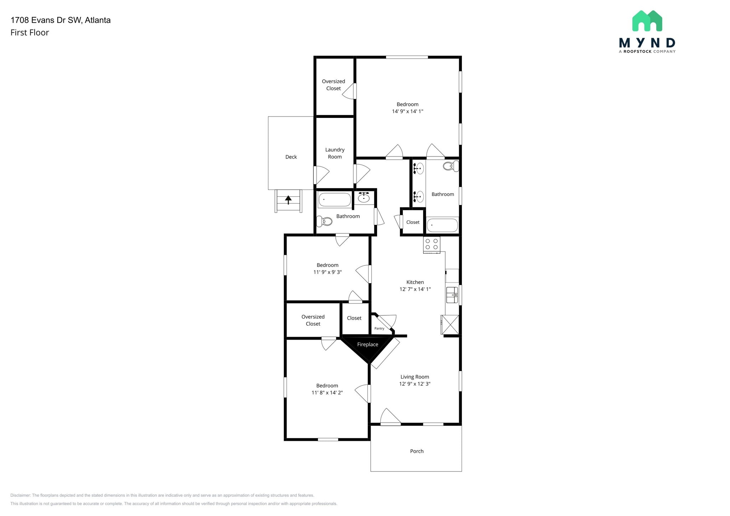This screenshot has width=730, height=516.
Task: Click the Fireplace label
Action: (367, 345)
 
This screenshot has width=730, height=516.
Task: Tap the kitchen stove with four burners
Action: (432, 244)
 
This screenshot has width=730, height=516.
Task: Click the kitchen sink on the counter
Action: (452, 295)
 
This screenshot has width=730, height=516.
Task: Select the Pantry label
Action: (379, 329)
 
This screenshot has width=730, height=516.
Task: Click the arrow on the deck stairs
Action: (288, 200)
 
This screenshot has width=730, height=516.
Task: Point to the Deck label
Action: (291, 157)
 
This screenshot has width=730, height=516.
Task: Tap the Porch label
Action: (417, 451)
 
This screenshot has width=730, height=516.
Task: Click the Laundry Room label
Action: (335, 153)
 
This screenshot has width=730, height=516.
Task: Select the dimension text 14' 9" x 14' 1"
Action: (407, 112)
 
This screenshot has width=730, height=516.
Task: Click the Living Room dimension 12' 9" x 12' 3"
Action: (415, 384)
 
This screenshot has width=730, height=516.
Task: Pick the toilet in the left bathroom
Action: (325, 222)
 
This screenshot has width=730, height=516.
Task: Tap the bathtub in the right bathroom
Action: (442, 225)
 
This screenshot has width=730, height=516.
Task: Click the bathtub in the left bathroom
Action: (334, 200)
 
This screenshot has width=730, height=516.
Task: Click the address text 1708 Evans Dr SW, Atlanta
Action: (61, 20)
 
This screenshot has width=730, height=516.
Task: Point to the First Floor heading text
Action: (30, 33)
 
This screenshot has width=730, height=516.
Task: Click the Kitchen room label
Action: (415, 282)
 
